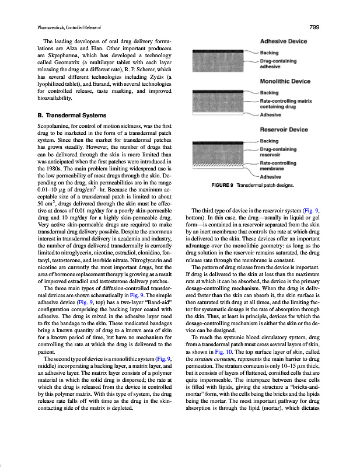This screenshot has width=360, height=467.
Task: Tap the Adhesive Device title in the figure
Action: (x=284, y=43)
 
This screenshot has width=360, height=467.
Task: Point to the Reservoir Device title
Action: (x=284, y=130)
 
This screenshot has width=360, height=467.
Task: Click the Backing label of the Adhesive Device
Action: (x=270, y=53)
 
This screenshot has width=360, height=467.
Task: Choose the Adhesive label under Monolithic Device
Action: (x=270, y=115)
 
